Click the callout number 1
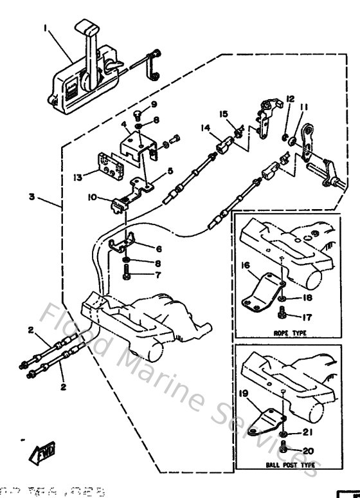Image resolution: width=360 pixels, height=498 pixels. point(46,28)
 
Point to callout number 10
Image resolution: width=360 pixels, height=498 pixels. point(93,197)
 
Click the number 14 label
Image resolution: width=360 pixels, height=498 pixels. point(205,129)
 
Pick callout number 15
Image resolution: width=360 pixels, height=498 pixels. point(224,114)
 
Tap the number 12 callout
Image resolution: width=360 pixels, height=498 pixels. point(290,98)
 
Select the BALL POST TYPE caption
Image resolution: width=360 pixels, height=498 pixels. point(285,462)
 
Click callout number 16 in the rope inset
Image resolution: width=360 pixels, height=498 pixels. point(245,264)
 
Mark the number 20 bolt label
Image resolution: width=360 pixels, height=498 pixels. point(308,450)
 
